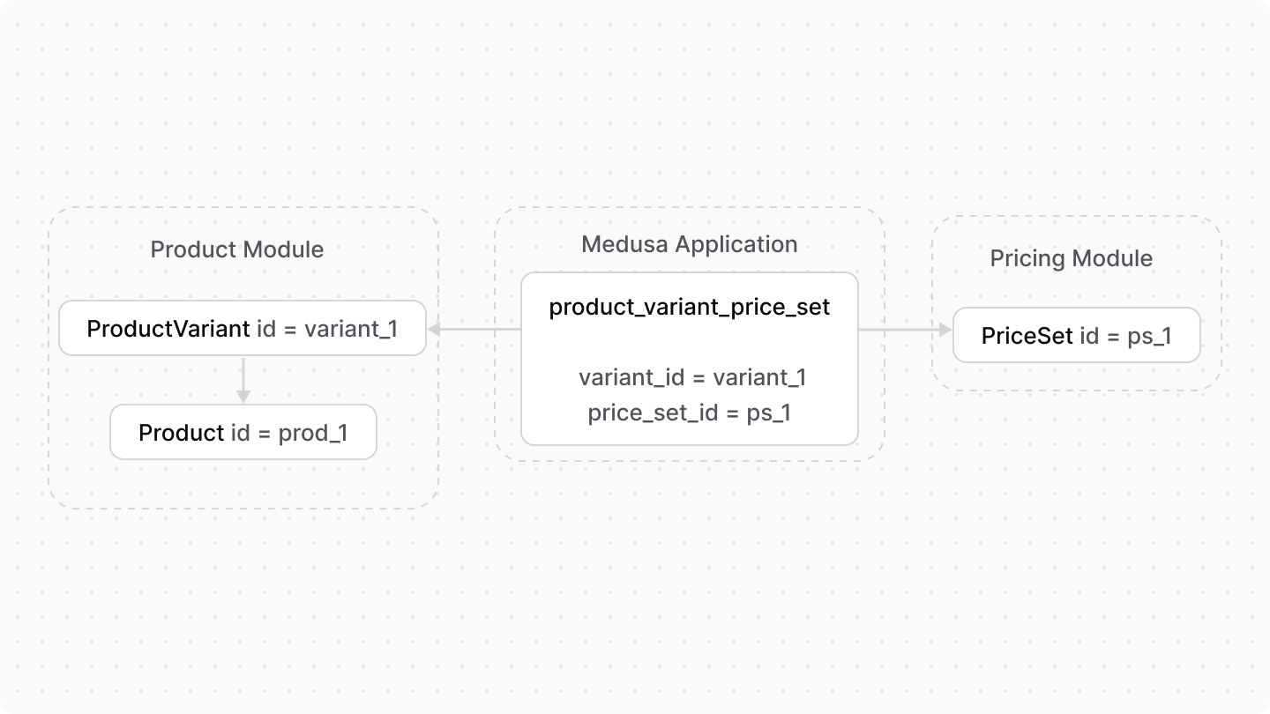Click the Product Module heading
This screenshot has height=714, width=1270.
tap(236, 249)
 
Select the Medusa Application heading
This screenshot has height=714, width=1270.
tap(689, 244)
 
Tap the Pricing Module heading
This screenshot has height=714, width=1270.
tap(1071, 258)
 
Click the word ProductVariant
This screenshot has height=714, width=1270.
tap(168, 329)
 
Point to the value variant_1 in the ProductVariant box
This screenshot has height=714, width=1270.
tap(351, 329)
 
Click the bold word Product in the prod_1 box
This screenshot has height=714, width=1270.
tap(182, 433)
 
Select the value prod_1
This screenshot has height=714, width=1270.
tap(313, 433)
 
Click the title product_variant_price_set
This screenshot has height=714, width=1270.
tap(689, 307)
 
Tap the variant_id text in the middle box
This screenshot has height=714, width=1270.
tap(631, 377)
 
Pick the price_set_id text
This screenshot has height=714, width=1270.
tap(654, 413)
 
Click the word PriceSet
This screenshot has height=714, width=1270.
tap(1027, 335)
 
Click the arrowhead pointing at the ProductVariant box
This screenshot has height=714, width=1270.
tap(434, 330)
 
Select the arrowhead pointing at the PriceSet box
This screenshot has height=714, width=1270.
tap(945, 330)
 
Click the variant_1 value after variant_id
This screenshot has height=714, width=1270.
tap(759, 377)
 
